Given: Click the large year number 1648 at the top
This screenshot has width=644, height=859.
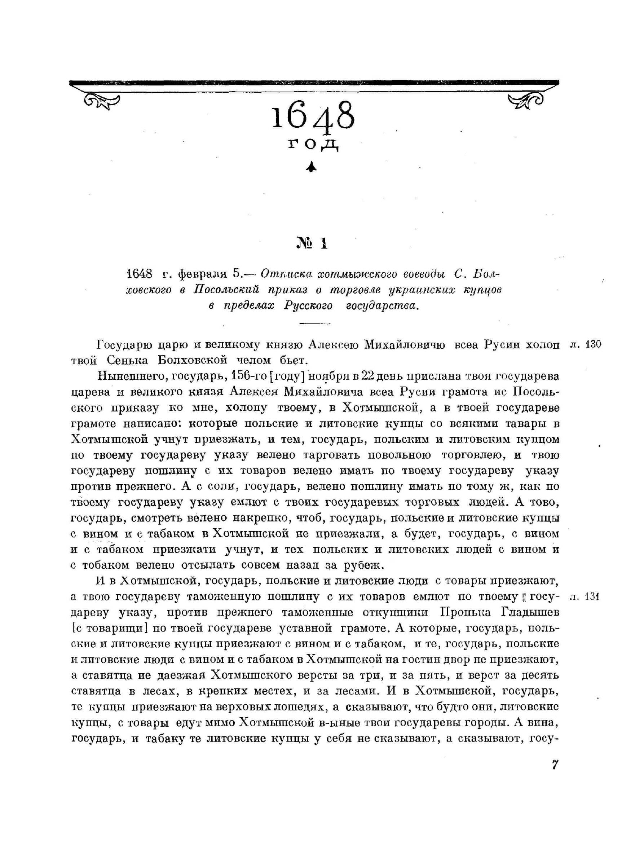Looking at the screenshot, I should (313, 116).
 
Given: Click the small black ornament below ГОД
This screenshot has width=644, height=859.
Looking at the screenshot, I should (311, 167).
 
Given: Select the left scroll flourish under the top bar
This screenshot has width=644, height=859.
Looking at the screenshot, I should (102, 101).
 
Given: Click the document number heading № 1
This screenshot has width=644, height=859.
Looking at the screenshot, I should (312, 243).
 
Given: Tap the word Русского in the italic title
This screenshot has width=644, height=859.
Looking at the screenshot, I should (308, 305).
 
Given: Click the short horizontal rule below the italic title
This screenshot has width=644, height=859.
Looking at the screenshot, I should (314, 323).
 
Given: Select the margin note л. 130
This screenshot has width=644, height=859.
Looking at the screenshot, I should (585, 344).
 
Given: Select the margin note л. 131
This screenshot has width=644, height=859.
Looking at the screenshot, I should (585, 597).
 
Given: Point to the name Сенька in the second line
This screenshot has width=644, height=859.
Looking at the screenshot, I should (128, 360).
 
